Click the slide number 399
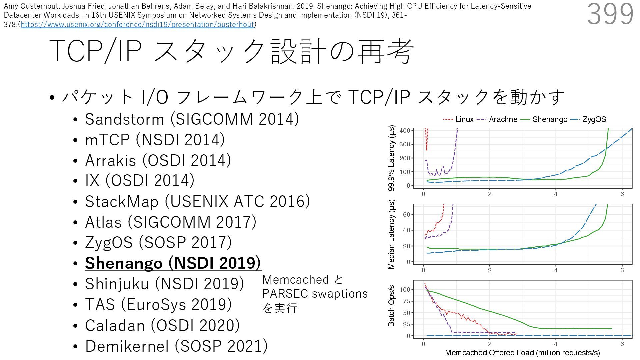[610, 14]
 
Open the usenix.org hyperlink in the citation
[137, 24]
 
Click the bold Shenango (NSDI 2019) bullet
[173, 263]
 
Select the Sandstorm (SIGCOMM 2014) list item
[192, 119]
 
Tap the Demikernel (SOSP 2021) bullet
[176, 346]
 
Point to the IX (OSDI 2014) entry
[139, 181]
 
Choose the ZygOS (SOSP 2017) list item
[158, 242]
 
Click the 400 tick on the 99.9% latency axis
[404, 131]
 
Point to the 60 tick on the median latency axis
[406, 214]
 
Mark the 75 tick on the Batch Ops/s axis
[406, 301]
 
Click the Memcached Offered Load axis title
[522, 353]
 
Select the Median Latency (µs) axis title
[391, 234]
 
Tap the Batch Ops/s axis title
[391, 306]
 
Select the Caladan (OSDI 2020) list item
[162, 325]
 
